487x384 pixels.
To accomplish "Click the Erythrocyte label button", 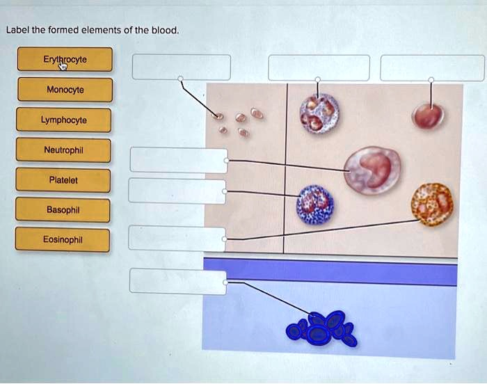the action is tap(65, 59).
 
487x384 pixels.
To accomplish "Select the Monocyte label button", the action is tap(65, 90).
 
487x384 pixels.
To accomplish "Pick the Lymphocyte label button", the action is tap(64, 120).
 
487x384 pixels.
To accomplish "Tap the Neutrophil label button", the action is tap(63, 150).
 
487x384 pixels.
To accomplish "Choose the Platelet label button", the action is tap(63, 180).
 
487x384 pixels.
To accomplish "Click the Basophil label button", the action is tap(63, 210).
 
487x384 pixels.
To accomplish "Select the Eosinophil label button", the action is tap(63, 239).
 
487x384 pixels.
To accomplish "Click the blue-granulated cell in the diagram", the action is tap(315, 205).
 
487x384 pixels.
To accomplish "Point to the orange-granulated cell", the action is tap(432, 204).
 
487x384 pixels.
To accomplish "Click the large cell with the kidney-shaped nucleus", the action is tap(372, 170).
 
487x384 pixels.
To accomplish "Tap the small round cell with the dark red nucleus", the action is tap(428, 116).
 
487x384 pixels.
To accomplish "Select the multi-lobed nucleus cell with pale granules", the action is tap(319, 113).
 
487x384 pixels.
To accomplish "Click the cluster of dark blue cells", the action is tap(321, 328).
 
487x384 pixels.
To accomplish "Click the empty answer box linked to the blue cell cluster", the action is tap(178, 281).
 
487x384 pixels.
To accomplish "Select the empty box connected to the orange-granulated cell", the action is tap(177, 239).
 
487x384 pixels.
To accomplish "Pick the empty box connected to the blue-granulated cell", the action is tap(177, 191).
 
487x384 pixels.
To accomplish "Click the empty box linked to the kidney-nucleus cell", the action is tap(179, 160).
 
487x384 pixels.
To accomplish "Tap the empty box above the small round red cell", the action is tap(432, 68).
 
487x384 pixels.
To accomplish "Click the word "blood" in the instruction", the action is tap(165, 30).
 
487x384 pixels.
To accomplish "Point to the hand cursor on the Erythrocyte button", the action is tap(63, 66).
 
